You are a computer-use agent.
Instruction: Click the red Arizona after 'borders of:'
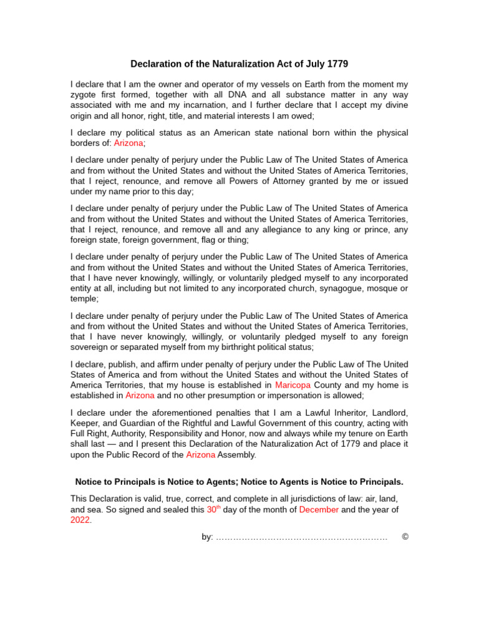128,143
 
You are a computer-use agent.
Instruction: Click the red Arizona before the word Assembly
201,455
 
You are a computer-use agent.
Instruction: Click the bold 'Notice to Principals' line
239,482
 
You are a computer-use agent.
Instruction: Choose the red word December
319,510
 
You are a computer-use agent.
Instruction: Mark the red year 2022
80,520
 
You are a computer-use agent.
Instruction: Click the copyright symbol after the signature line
405,537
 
